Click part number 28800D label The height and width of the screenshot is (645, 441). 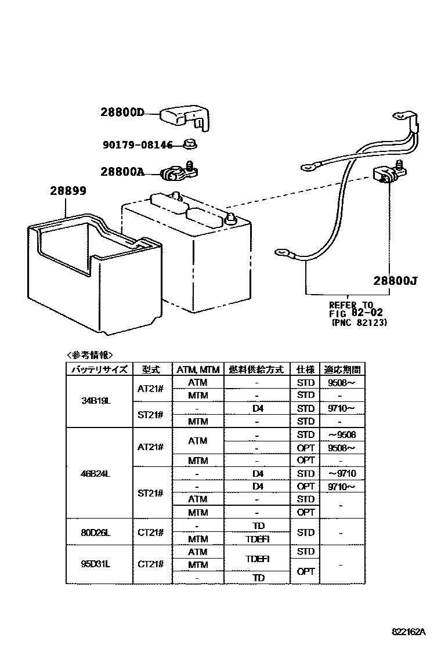pyautogui.click(x=121, y=113)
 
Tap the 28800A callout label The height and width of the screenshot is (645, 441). pyautogui.click(x=121, y=172)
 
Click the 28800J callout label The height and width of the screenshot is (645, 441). pyautogui.click(x=396, y=281)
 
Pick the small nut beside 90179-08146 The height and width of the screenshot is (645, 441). pyautogui.click(x=189, y=143)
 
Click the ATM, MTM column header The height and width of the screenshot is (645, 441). pyautogui.click(x=197, y=369)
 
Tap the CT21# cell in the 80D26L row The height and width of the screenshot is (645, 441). pyautogui.click(x=150, y=532)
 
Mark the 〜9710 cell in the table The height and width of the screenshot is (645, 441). pyautogui.click(x=342, y=473)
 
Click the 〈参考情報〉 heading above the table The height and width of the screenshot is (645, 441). pyautogui.click(x=90, y=355)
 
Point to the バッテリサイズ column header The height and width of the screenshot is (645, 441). pyautogui.click(x=99, y=369)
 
